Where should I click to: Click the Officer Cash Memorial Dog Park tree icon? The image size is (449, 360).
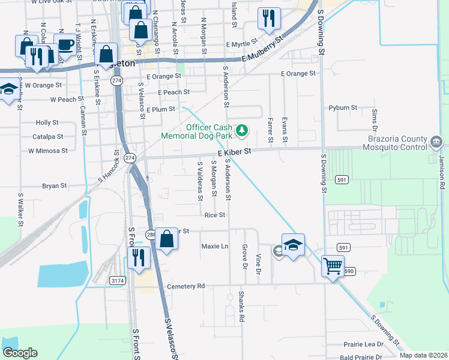click(242, 130)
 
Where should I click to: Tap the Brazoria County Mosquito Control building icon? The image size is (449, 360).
click(436, 143)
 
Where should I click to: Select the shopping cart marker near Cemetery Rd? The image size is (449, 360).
click(333, 265)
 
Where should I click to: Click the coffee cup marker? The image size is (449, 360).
click(65, 45)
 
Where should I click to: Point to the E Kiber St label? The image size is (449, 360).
click(234, 154)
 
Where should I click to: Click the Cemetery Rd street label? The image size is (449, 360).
click(186, 287)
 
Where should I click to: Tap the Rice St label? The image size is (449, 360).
click(214, 215)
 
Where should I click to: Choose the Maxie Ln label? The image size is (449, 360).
click(215, 246)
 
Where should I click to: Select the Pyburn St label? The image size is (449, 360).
click(343, 108)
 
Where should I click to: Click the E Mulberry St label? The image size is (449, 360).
click(263, 50)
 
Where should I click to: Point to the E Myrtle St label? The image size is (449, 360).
click(242, 44)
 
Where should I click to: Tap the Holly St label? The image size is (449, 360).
click(47, 122)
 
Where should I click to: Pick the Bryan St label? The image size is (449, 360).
click(54, 186)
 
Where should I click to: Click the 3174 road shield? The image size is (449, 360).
click(118, 280)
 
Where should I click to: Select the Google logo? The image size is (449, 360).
click(20, 353)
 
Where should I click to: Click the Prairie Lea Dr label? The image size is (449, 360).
click(364, 344)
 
